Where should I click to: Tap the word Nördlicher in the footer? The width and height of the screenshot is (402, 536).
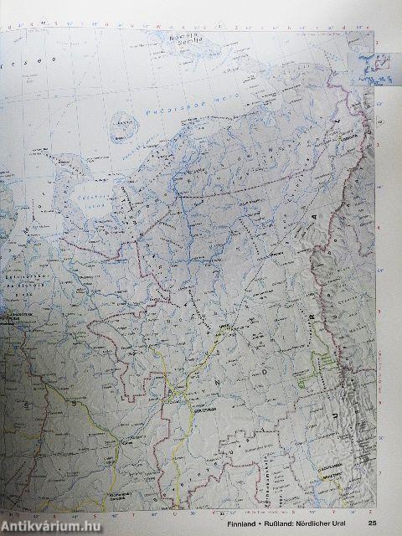point(323,524)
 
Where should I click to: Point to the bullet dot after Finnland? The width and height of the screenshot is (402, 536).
point(271,524)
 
